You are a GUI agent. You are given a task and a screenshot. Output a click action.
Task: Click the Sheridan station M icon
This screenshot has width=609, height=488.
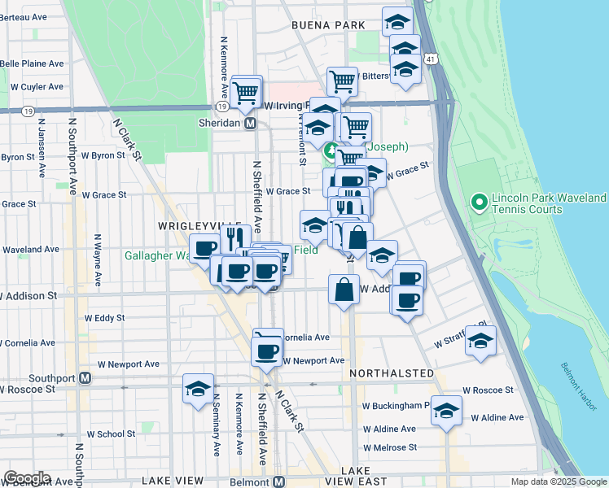(251, 123)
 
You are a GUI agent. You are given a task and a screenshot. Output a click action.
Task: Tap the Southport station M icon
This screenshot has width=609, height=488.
(85, 378)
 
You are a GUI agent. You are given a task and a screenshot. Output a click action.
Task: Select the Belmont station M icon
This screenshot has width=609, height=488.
(279, 481)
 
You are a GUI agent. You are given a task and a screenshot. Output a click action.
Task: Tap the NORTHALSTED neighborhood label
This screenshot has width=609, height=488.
(392, 373)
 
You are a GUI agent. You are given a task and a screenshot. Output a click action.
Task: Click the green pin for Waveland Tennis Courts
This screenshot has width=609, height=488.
(479, 200)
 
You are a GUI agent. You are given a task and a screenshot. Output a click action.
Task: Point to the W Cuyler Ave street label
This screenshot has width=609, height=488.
(37, 86)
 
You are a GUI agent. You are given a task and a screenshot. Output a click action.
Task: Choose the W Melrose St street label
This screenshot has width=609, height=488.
(390, 447)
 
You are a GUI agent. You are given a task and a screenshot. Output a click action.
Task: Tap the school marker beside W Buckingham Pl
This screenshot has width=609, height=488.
(446, 411)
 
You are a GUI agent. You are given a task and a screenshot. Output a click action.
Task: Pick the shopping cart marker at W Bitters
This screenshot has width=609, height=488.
(343, 81)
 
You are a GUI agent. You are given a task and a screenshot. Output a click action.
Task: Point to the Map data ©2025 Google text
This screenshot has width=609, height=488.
(558, 481)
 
